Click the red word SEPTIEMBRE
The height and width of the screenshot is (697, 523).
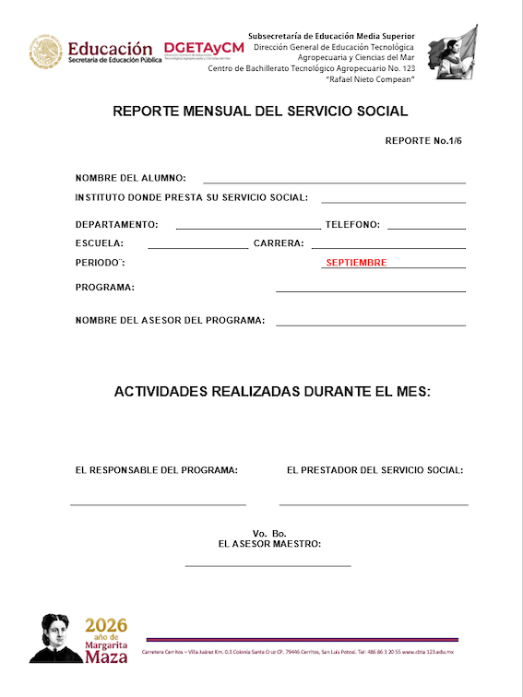coord(356,263)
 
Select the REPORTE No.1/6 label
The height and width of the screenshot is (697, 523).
coord(422,142)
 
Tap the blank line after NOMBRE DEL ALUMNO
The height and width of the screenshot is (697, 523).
coord(334,183)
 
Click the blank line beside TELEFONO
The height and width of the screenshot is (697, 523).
coord(426,228)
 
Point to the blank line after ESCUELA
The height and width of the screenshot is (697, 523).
coord(197,248)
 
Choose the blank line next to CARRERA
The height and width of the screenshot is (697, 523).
coord(388,248)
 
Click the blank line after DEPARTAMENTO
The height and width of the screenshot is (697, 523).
coord(247,228)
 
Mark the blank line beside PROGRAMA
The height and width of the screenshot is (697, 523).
coord(371,291)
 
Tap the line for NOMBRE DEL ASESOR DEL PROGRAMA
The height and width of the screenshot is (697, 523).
coord(371,325)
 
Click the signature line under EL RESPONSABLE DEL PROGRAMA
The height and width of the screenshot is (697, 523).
coord(158,504)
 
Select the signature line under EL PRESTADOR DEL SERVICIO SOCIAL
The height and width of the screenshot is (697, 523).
coord(374,504)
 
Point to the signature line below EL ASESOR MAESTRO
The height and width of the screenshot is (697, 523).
coord(267,565)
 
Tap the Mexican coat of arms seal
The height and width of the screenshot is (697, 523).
coord(45,52)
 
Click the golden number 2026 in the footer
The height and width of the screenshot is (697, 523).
coord(106,625)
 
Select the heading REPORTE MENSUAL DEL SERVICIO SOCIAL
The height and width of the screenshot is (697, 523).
coord(260,112)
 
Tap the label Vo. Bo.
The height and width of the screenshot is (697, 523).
coord(269,534)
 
